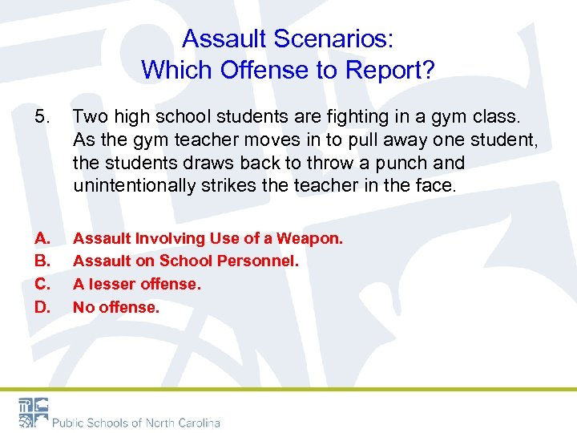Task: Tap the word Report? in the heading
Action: (390, 71)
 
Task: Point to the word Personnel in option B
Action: (260, 261)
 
